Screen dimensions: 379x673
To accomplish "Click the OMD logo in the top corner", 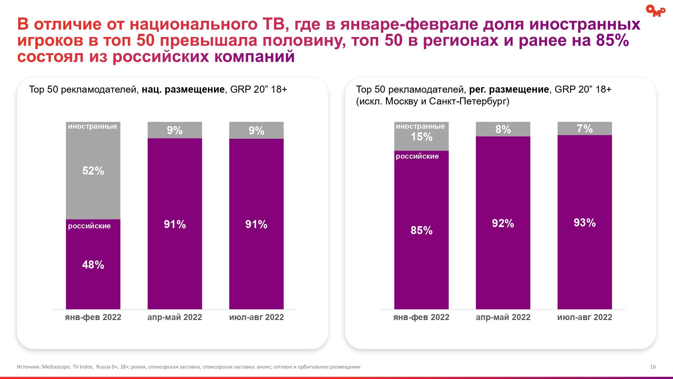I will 655,11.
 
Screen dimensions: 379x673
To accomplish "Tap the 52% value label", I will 93,171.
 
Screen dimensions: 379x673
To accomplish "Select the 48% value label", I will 93,265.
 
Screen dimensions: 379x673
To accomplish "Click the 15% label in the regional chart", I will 421,137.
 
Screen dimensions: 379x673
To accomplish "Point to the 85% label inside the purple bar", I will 421,230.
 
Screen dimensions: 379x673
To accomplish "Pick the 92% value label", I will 503,223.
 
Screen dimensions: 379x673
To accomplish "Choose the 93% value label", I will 585,223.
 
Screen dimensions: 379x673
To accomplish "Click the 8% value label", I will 503,129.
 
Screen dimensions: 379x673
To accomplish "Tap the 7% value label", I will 585,129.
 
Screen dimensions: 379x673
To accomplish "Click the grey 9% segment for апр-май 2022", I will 175,130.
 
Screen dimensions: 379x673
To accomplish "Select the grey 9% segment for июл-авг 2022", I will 256,130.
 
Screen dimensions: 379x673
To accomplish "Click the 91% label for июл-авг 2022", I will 256,224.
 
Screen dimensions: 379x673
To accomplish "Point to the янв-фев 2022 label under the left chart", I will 93,317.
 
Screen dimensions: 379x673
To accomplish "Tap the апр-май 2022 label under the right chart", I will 503,317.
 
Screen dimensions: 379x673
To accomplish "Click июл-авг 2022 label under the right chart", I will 585,317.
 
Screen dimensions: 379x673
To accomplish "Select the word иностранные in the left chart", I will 93,126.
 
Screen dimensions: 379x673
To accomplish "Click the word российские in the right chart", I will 417,156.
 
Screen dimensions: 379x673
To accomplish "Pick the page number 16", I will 653,367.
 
